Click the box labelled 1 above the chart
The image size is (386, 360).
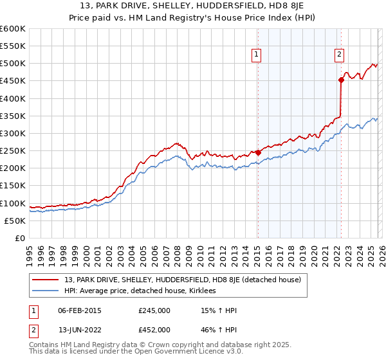(257, 55)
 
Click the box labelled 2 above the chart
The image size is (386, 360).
(339, 55)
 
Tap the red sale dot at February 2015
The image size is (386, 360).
(258, 152)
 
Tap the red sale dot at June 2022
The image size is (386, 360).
(341, 80)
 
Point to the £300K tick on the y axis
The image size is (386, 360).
(13, 133)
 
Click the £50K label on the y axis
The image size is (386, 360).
(15, 221)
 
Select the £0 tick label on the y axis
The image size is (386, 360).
(21, 238)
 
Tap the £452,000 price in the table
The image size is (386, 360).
(154, 329)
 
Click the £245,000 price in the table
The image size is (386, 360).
(154, 310)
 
